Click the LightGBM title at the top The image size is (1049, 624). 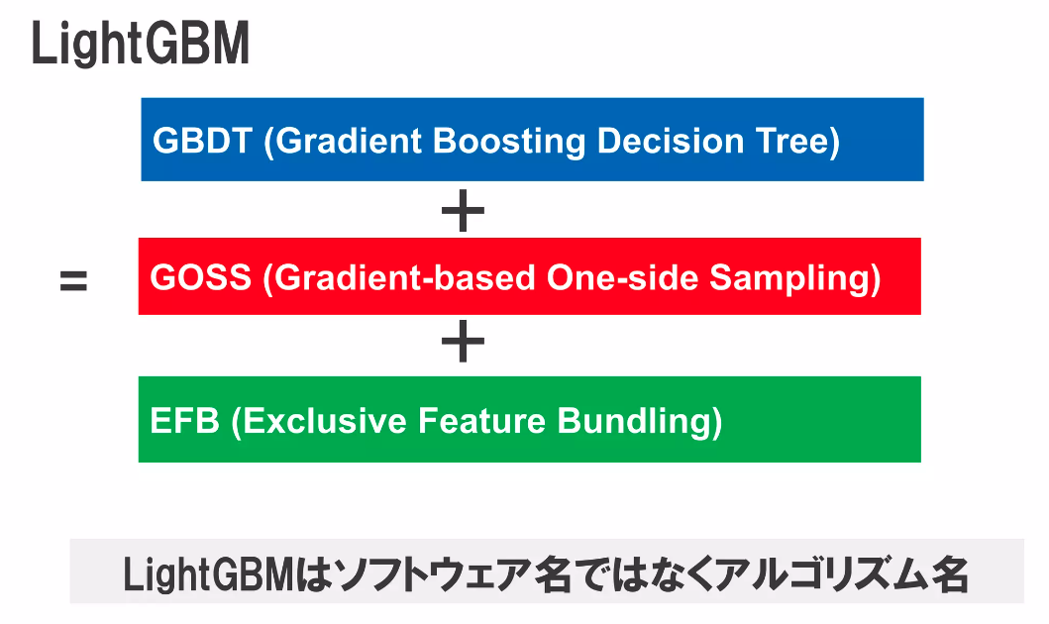[x=140, y=45]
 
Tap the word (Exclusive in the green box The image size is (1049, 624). [x=319, y=421]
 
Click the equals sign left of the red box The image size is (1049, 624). [x=73, y=281]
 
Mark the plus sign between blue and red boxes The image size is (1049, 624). [x=462, y=211]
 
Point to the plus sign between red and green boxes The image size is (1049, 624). [x=462, y=344]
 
